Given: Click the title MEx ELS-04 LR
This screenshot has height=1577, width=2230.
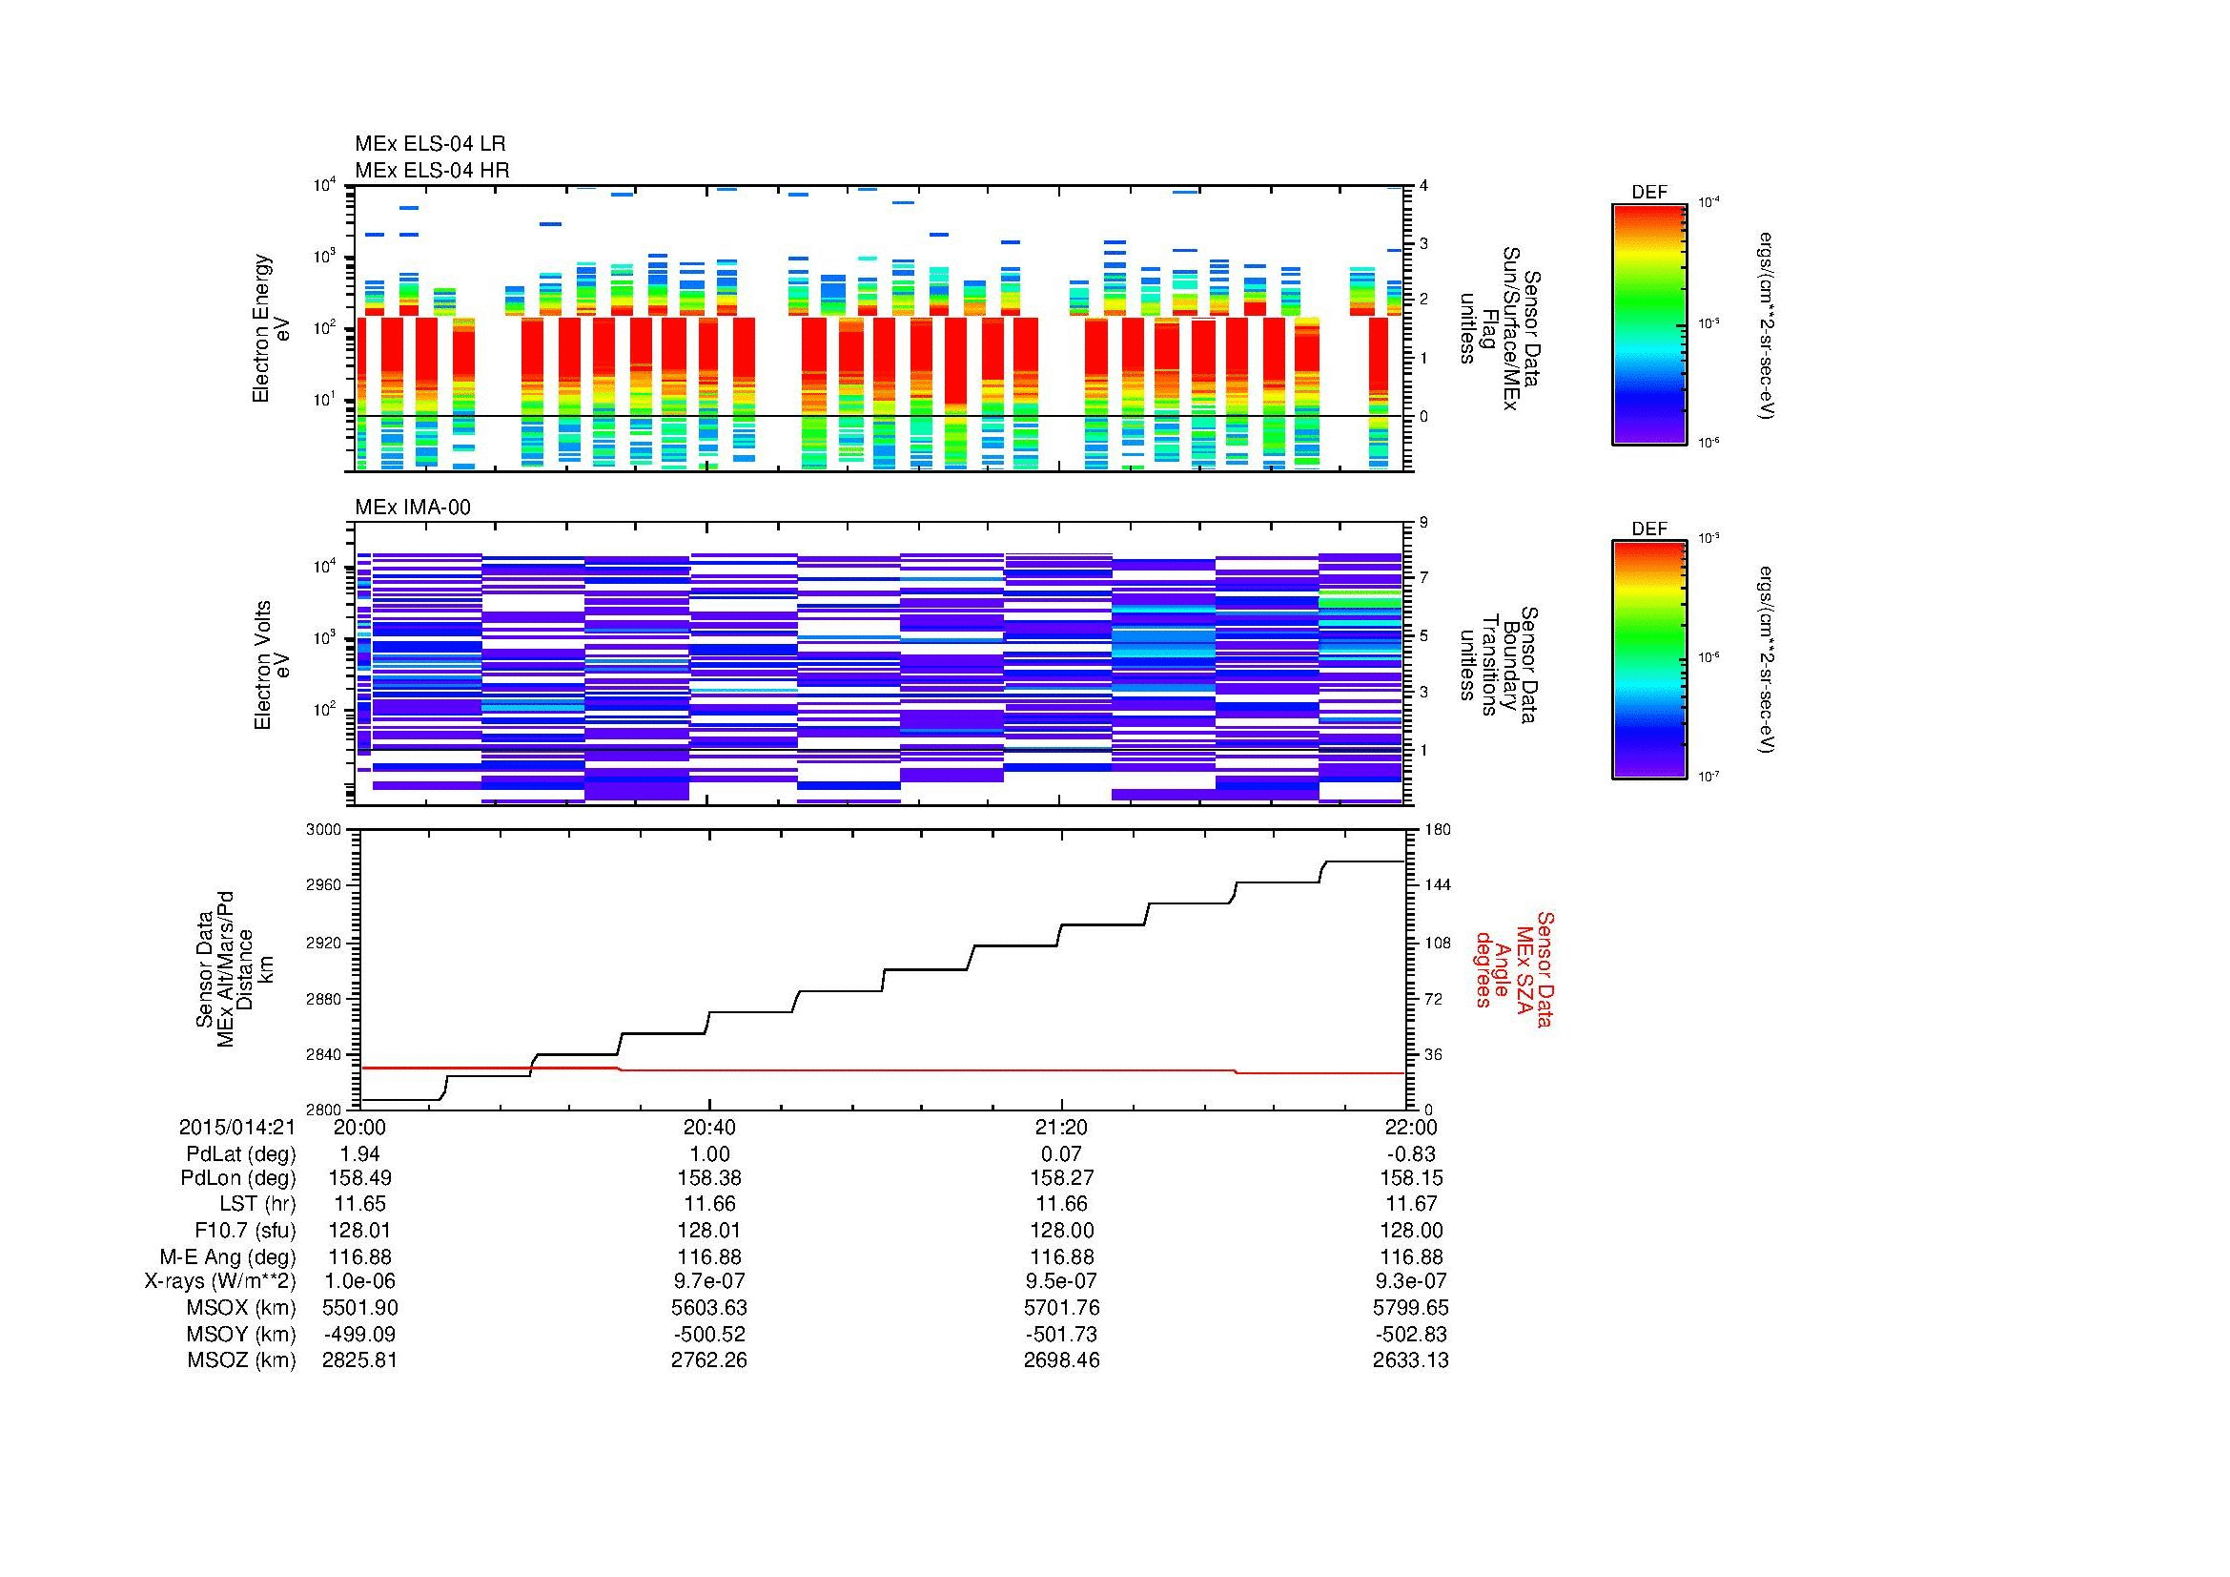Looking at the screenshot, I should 430,145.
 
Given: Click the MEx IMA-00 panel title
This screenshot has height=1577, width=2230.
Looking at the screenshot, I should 413,508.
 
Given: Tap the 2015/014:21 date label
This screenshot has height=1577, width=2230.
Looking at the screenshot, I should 237,1127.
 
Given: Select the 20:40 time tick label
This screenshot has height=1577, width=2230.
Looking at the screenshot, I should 709,1127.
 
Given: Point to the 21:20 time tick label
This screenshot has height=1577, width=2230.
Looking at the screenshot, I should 1061,1127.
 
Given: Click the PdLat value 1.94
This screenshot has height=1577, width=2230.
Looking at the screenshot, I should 359,1153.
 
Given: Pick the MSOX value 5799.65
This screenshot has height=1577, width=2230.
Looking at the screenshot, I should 1410,1308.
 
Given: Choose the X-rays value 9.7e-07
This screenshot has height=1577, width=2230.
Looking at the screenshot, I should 709,1281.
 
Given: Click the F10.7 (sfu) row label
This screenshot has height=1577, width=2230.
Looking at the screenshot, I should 245,1230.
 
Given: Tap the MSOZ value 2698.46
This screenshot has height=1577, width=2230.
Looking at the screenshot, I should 1061,1360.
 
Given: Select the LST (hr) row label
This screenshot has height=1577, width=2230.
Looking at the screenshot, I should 257,1204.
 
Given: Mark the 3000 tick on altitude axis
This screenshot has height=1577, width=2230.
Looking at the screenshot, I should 324,830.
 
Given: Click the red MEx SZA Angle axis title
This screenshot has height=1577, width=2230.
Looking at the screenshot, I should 1513,968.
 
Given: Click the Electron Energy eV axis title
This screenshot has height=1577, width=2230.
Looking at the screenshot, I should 272,328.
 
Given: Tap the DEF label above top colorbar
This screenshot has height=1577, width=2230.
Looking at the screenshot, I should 1649,193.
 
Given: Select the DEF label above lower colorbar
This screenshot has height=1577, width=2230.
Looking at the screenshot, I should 1649,529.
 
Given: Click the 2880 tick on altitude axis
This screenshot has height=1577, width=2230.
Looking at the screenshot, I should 324,999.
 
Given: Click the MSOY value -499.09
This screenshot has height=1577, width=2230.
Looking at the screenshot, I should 359,1334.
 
